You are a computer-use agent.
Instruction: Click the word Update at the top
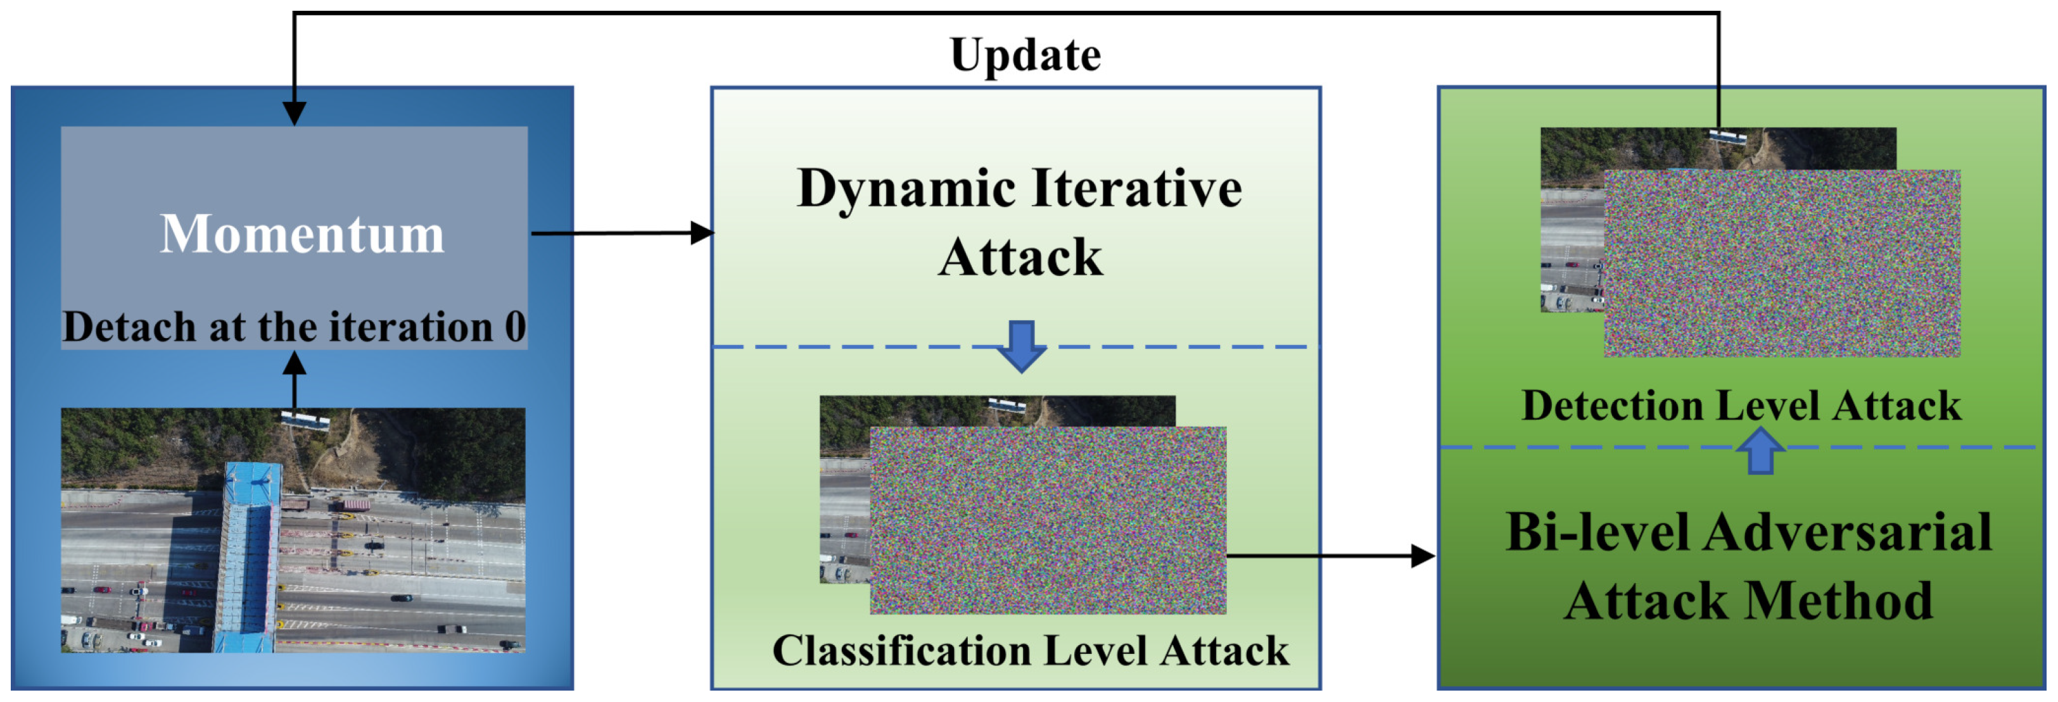click(x=1025, y=56)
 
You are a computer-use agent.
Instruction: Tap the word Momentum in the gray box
click(x=302, y=234)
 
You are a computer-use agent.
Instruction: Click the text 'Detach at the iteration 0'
click(x=294, y=327)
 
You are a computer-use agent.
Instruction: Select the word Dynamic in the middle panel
click(x=907, y=189)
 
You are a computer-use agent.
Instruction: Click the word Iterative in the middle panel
click(x=1138, y=189)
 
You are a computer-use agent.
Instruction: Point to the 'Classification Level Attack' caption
click(x=1030, y=650)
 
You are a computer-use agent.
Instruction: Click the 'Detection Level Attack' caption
click(x=1741, y=406)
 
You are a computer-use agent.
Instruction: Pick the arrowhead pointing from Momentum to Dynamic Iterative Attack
click(x=703, y=233)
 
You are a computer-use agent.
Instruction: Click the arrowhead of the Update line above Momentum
click(x=295, y=113)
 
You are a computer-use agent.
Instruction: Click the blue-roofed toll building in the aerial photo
click(x=250, y=551)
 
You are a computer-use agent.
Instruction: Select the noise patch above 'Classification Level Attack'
click(x=1048, y=521)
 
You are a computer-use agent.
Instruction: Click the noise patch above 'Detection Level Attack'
click(x=1782, y=263)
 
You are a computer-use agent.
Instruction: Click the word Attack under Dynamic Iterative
click(x=1020, y=258)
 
